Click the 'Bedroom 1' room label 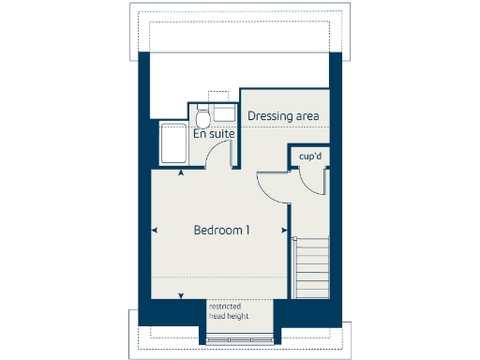(x=221, y=230)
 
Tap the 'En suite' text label (x=214, y=134)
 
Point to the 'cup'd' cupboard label (x=310, y=157)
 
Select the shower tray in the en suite (x=173, y=143)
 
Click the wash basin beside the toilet (x=223, y=113)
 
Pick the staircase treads (x=313, y=268)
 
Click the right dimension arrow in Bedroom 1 (x=284, y=230)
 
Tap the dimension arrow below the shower (x=181, y=172)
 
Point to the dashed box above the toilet (x=217, y=97)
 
